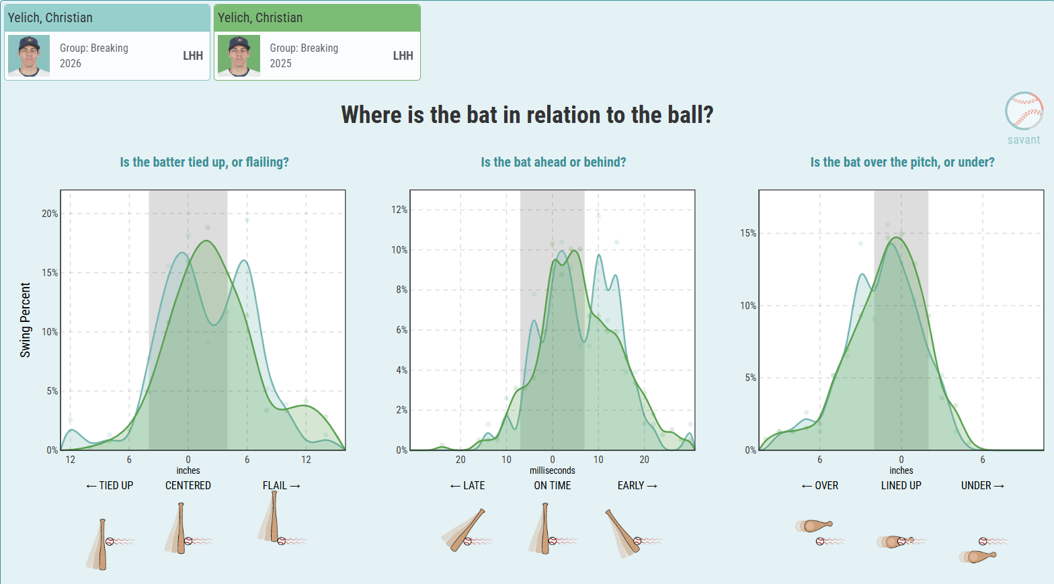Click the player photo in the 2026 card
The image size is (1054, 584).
click(29, 56)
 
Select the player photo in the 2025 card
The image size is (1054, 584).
click(239, 56)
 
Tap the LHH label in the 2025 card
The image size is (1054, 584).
click(403, 56)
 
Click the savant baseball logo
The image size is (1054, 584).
click(1024, 111)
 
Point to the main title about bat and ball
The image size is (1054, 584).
click(527, 114)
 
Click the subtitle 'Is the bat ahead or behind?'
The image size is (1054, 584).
click(553, 162)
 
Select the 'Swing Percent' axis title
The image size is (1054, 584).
click(25, 320)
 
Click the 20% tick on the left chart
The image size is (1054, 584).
click(50, 214)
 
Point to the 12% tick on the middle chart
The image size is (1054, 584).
click(399, 210)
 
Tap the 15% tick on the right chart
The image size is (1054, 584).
click(748, 233)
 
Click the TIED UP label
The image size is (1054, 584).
click(110, 485)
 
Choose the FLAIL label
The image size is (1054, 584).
click(282, 485)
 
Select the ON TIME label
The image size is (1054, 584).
click(553, 485)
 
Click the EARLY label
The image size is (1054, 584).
click(637, 485)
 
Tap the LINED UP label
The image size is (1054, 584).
click(901, 485)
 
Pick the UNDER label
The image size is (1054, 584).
click(983, 485)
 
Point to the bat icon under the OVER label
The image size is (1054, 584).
click(815, 525)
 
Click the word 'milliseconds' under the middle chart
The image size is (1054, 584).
click(553, 470)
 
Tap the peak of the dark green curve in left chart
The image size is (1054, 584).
click(206, 241)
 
